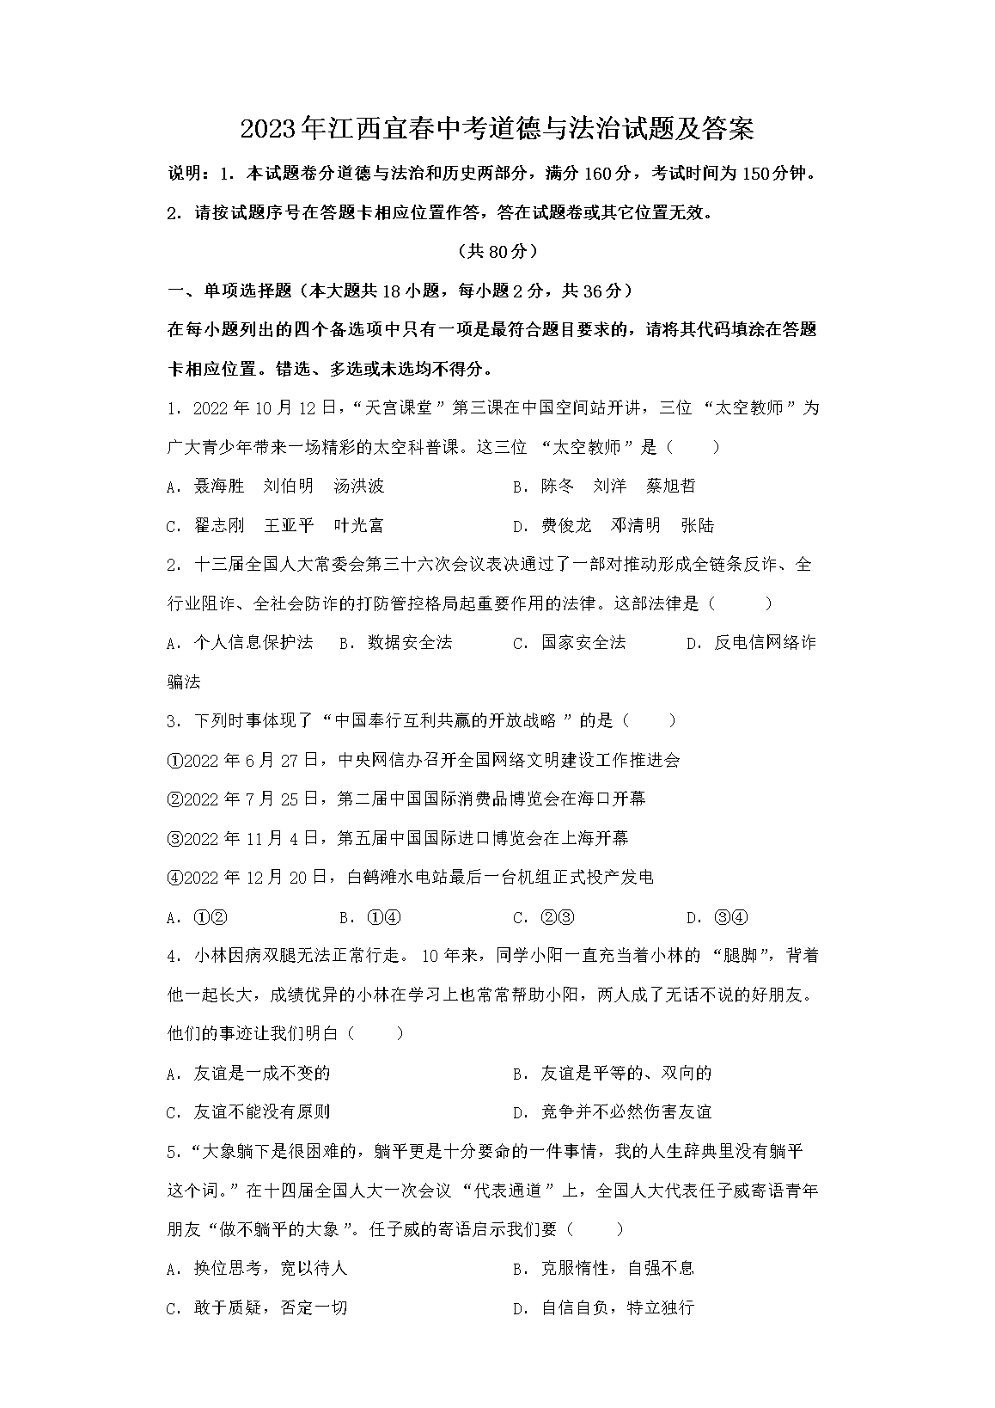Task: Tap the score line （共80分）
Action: [497, 251]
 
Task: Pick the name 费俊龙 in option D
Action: [566, 525]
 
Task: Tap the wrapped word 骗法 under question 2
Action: [183, 682]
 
